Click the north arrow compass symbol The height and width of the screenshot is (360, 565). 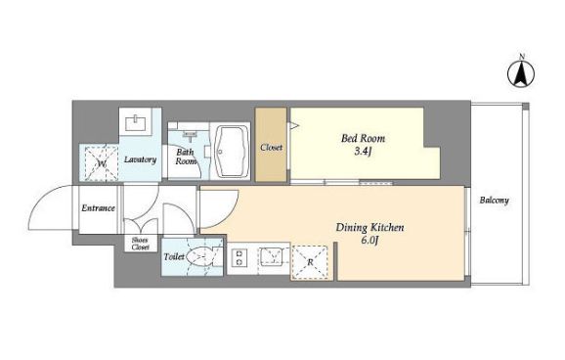tap(521, 73)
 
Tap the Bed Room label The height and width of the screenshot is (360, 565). tap(363, 138)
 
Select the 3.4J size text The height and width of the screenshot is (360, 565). tap(363, 152)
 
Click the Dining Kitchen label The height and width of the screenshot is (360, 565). tap(369, 228)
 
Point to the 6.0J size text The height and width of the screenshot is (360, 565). tap(370, 241)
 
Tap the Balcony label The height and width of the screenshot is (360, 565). tap(494, 201)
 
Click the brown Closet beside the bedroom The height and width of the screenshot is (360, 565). tap(271, 144)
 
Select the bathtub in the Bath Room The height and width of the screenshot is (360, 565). tap(231, 152)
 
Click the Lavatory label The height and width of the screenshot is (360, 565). tap(140, 159)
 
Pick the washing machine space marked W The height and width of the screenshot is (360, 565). tap(102, 163)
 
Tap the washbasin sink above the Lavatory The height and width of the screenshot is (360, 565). tap(135, 122)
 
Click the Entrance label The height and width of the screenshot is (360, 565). tap(98, 208)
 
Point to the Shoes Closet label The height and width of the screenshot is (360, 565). tap(140, 244)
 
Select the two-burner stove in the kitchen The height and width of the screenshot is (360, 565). tap(239, 257)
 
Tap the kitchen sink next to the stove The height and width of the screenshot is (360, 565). tap(272, 255)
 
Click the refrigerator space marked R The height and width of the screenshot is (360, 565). tap(310, 262)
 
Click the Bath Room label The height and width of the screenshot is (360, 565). tap(186, 157)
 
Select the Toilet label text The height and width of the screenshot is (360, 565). tap(174, 257)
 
